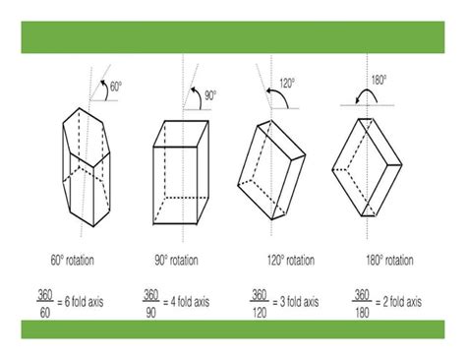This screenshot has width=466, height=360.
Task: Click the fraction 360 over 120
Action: pos(259,300)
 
